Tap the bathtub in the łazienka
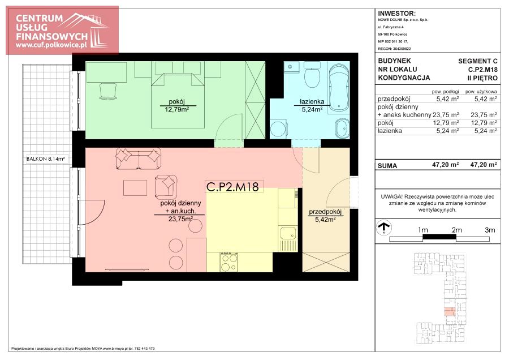[x=339, y=88]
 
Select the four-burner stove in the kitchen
[x=229, y=263]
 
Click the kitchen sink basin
[x=288, y=234]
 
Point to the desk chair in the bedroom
[x=109, y=91]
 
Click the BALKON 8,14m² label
[x=45, y=159]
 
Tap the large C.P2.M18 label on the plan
[x=232, y=187]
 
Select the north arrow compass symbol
[x=383, y=228]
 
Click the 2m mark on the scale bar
[x=456, y=230]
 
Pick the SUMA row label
[x=387, y=166]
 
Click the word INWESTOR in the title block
[x=396, y=14]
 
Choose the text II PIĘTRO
[x=482, y=78]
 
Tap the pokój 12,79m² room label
[x=176, y=106]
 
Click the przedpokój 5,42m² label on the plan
[x=325, y=216]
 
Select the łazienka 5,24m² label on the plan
[x=312, y=106]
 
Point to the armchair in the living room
[x=166, y=187]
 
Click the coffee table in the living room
[x=135, y=188]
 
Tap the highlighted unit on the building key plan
[x=449, y=311]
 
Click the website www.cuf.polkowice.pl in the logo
[x=51, y=45]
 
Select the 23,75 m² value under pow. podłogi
[x=446, y=115]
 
